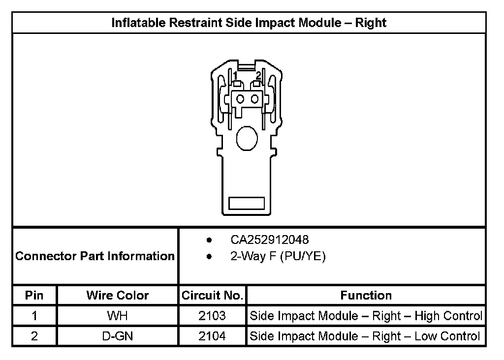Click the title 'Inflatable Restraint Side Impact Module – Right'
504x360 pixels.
(x=249, y=23)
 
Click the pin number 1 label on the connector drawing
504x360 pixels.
(x=235, y=76)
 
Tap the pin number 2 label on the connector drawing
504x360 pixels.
(x=258, y=76)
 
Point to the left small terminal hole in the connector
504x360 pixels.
(x=240, y=99)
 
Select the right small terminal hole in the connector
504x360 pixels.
(x=254, y=99)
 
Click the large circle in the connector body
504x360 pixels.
(x=247, y=138)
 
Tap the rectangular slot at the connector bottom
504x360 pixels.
(x=247, y=203)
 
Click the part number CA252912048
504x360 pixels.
(x=269, y=240)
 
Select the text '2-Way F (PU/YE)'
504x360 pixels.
(x=278, y=256)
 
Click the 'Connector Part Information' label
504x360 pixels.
(x=95, y=256)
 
